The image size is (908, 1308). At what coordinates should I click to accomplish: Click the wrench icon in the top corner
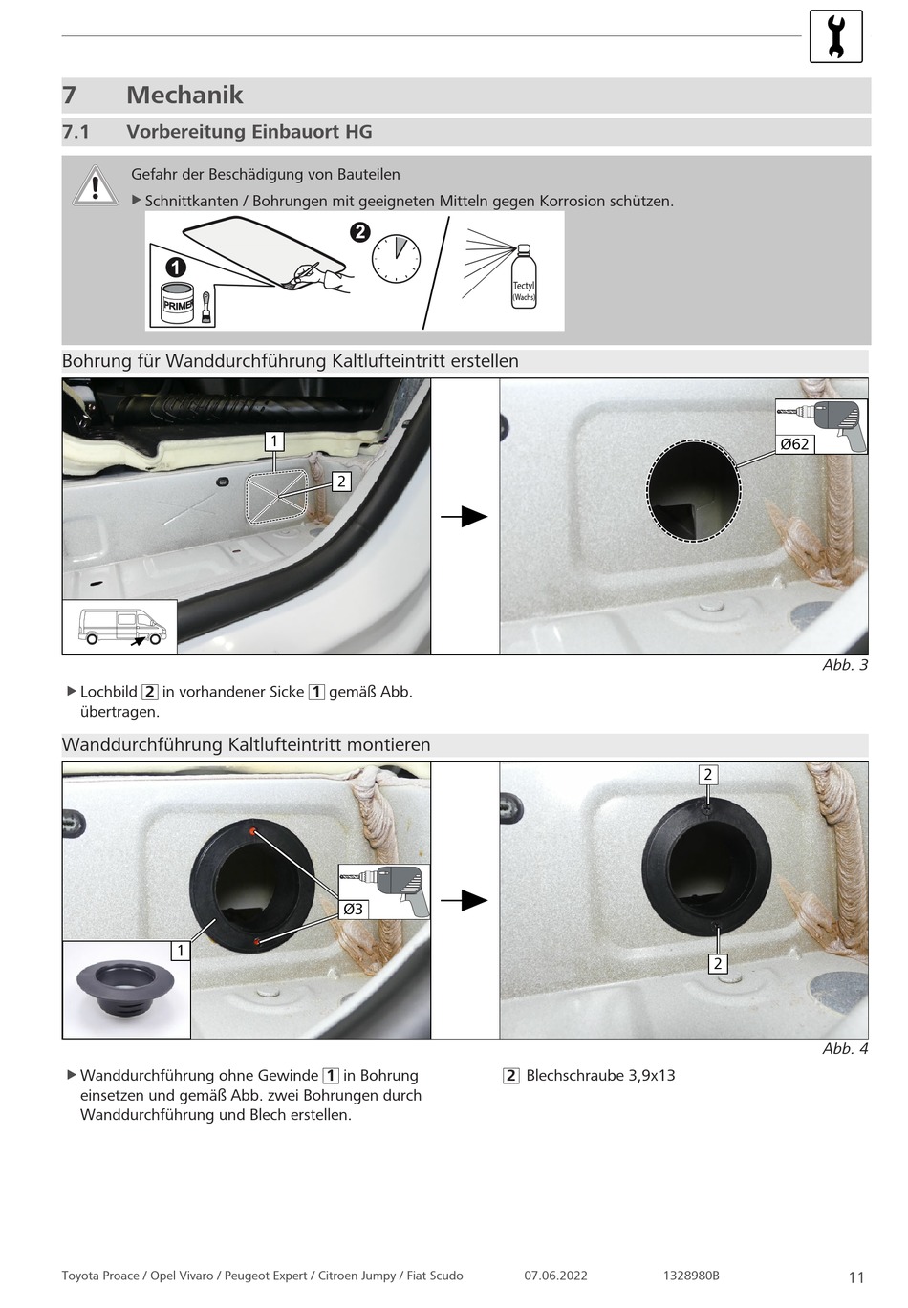835,36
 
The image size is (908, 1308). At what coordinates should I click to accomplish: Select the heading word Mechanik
184,95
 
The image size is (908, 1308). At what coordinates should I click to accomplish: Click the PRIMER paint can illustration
178,303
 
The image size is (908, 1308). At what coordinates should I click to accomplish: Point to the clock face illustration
396,258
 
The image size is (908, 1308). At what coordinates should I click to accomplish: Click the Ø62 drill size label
793,443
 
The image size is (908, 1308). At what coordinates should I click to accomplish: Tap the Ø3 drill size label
354,909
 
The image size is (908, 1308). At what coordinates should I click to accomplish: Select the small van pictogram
120,627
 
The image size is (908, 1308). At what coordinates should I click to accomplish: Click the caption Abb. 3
845,665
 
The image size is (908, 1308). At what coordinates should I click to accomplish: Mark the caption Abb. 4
845,1048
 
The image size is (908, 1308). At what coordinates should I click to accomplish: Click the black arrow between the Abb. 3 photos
465,517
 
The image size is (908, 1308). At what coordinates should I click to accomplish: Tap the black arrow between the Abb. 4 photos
465,900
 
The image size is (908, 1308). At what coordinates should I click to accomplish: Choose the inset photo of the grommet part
126,990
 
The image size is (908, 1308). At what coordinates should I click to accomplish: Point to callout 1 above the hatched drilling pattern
274,440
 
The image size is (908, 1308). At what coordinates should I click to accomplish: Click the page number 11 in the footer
856,1276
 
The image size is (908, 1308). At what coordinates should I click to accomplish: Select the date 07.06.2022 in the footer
555,1276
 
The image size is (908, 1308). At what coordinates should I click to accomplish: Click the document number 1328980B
691,1276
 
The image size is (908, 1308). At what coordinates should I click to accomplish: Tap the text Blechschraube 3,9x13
600,1075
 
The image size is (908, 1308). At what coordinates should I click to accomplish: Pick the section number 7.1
76,132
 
